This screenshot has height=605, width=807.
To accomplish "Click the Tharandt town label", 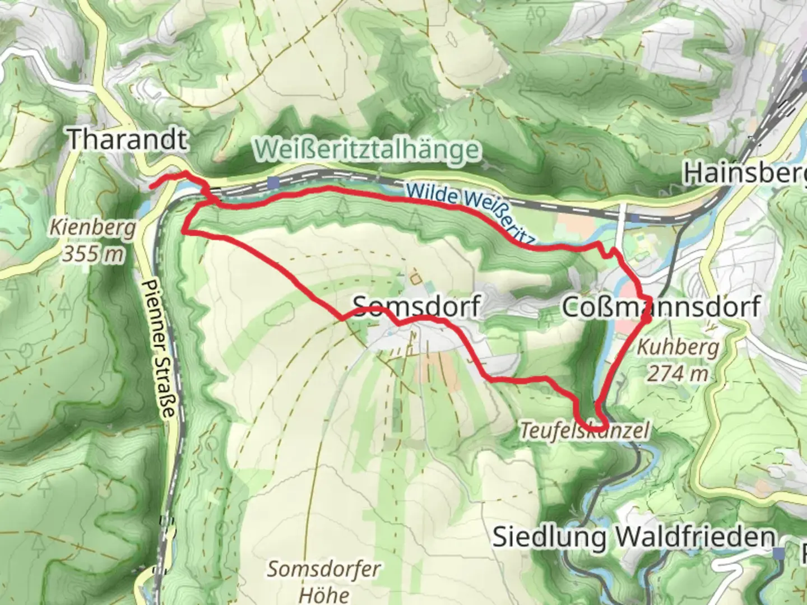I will (127, 139).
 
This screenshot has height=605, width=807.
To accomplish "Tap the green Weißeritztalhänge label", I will (368, 150).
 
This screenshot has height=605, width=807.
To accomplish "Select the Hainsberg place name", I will (744, 174).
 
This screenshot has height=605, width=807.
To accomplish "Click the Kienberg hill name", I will (92, 229).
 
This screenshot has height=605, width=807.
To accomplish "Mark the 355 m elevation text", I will (92, 254).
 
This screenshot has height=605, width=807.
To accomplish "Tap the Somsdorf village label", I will (416, 306).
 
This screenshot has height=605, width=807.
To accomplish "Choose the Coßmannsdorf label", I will (661, 307).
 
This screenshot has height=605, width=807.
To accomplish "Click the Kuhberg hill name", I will (678, 348).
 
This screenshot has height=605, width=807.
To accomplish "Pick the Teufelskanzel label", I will (585, 431).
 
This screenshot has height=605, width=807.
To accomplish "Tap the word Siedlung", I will (549, 537).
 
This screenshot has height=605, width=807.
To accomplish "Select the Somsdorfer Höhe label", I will (323, 581).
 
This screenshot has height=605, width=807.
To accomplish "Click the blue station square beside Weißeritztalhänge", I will (273, 183).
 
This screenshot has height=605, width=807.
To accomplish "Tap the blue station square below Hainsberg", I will (634, 217).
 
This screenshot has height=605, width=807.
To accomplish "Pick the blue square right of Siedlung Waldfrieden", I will (778, 553).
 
